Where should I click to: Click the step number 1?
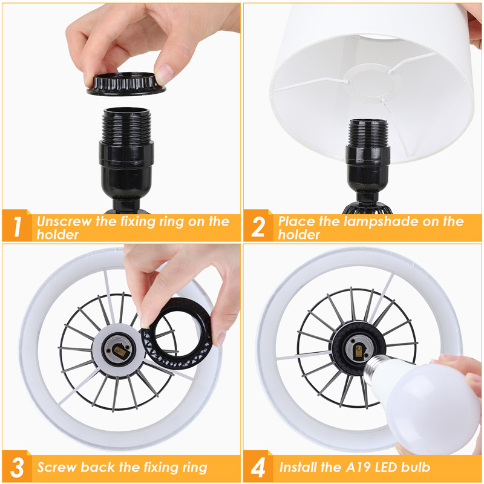coord(18,226)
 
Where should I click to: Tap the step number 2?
coord(258,226)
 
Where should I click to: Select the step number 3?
coord(17,467)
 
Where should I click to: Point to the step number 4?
coord(258,467)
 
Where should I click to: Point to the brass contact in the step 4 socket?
coord(359,349)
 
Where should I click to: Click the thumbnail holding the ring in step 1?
coord(165,73)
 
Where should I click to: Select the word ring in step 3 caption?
coord(194,468)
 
